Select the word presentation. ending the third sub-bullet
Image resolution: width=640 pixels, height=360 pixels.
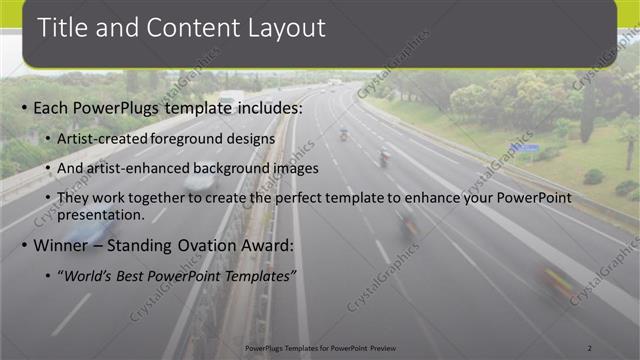point(101,214)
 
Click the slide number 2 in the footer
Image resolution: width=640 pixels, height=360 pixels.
point(591,347)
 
